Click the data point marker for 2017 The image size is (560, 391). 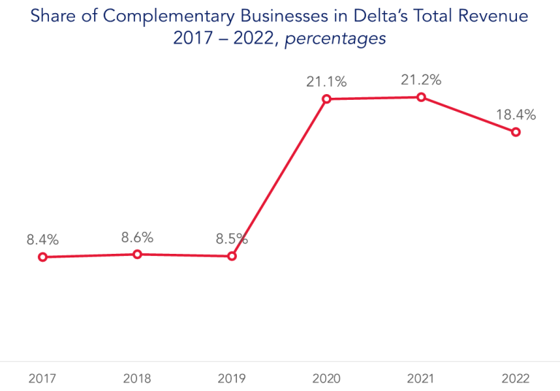[x=42, y=257]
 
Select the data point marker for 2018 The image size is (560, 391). [x=137, y=254]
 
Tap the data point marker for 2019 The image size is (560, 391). [x=232, y=256]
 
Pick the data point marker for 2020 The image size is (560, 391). [x=327, y=98]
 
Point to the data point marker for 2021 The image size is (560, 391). [x=421, y=97]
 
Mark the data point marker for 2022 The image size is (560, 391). [x=516, y=132]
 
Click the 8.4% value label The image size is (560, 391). [x=42, y=239]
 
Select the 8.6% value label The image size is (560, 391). [x=137, y=237]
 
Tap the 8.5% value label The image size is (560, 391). [x=232, y=239]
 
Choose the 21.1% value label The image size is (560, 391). [x=326, y=82]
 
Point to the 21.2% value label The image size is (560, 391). [x=421, y=80]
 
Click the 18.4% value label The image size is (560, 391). [x=516, y=115]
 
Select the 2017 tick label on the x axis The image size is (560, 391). [x=42, y=379]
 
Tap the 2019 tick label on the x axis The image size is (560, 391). [x=232, y=379]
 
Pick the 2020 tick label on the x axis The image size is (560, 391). [x=326, y=379]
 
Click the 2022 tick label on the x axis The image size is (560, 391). [x=516, y=379]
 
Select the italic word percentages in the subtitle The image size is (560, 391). [x=335, y=39]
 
